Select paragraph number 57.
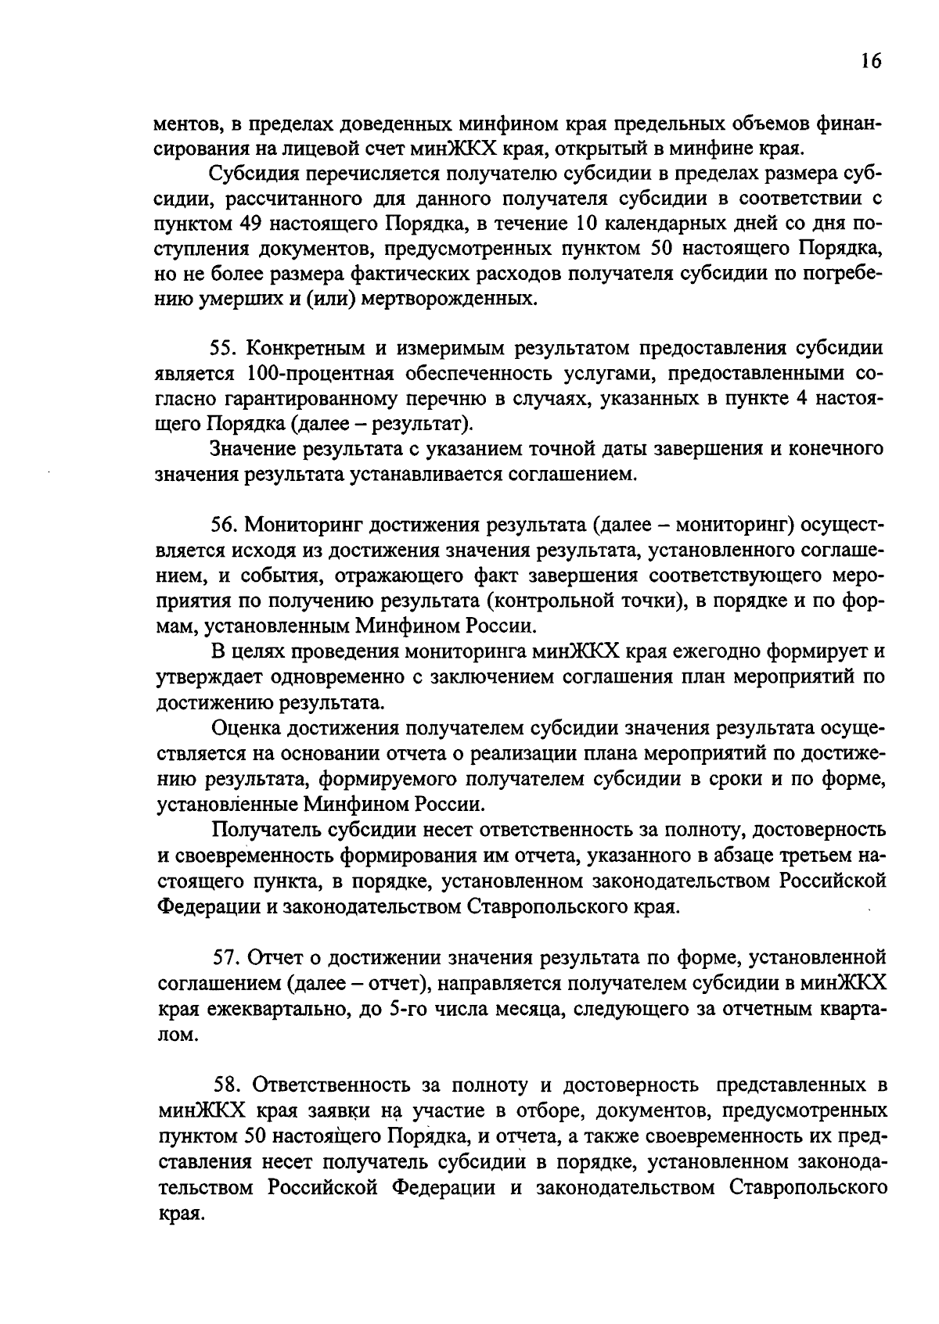[x=227, y=957]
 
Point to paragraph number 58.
[x=228, y=1085]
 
